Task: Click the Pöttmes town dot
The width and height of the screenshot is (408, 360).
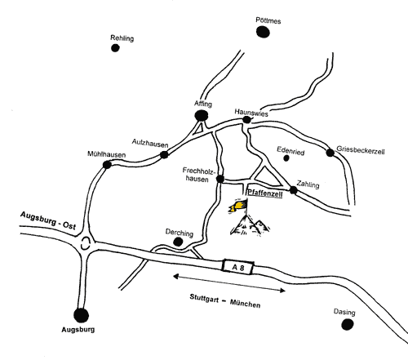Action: (x=263, y=32)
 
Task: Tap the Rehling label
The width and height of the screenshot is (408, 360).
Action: (x=122, y=38)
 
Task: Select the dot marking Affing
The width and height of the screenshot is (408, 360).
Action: (x=202, y=116)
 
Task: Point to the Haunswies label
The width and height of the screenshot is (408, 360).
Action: (x=251, y=113)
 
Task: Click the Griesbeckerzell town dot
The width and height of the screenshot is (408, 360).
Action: (x=330, y=153)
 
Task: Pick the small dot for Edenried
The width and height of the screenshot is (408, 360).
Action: (x=286, y=158)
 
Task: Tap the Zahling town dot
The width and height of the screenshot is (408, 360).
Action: (x=293, y=190)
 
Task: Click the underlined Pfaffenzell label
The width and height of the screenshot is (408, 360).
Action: (x=265, y=193)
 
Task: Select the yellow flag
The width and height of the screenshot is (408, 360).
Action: (x=238, y=206)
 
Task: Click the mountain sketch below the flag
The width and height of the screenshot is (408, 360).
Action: (x=250, y=224)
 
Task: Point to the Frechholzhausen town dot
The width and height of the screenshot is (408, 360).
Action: (x=220, y=179)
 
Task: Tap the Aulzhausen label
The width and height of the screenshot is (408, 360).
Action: (x=150, y=143)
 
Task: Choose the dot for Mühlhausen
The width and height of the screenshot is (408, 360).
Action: (x=107, y=165)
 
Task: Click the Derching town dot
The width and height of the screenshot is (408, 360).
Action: (x=178, y=242)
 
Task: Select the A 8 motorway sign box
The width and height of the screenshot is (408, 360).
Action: (x=238, y=267)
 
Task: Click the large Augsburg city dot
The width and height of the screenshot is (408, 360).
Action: (x=81, y=315)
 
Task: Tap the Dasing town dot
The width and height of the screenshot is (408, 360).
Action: (x=348, y=324)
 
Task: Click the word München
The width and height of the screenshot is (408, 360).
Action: (x=245, y=304)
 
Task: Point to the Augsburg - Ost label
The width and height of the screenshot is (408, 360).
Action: (x=48, y=220)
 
